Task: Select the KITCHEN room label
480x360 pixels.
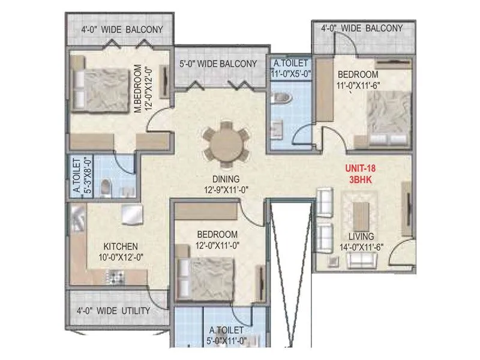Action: point(121,247)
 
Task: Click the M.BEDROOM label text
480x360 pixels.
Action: point(137,89)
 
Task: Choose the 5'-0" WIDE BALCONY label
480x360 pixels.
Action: point(218,64)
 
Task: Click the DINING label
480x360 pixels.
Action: point(226,179)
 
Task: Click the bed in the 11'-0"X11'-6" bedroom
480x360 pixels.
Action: point(388,119)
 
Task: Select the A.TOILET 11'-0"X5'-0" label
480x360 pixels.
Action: point(290,68)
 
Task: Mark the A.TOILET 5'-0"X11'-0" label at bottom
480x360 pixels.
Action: point(227,335)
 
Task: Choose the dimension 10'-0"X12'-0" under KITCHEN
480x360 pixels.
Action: point(121,257)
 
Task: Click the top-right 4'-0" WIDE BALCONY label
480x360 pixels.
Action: point(362,28)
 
